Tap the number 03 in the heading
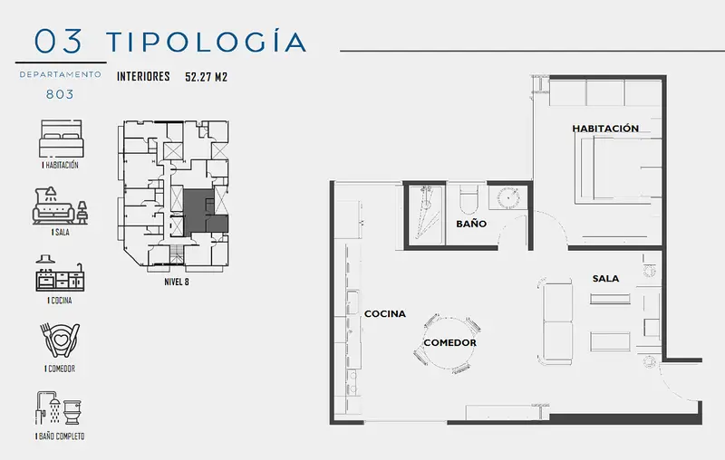(58, 41)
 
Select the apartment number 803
(60, 94)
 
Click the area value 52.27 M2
(207, 77)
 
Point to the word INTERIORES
(143, 76)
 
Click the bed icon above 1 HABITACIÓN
(61, 139)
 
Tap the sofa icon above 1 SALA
(60, 206)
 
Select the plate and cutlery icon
(60, 340)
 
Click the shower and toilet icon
(59, 408)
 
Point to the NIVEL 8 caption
(177, 282)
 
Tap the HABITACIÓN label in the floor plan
(605, 129)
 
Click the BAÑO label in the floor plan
(471, 224)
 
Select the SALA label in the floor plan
(605, 279)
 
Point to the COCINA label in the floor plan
(385, 314)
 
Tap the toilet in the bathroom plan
(470, 199)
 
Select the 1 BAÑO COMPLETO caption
(60, 436)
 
